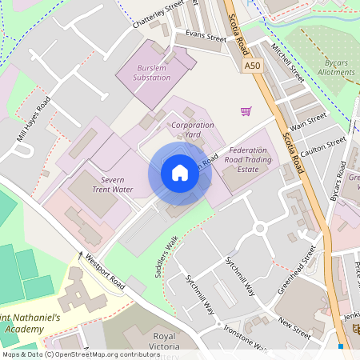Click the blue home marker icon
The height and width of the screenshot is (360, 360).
180,174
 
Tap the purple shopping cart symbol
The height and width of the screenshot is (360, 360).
246,110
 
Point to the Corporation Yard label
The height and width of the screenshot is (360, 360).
193,130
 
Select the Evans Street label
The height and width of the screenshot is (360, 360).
206,36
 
